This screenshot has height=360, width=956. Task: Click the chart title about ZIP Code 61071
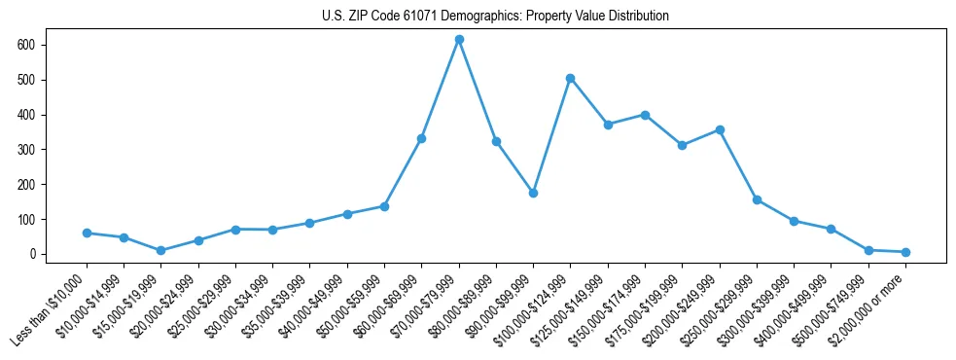point(495,16)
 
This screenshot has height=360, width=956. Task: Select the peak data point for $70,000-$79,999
point(459,39)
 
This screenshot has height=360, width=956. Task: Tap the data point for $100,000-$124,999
point(571,78)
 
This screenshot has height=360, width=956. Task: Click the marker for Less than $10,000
point(87,233)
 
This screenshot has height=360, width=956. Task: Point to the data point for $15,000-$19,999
point(160,250)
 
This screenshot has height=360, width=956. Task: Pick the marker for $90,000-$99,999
point(533,193)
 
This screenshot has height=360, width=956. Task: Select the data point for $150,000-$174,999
point(645,114)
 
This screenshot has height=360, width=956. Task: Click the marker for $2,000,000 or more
point(905,252)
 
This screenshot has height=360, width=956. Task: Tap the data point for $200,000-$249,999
point(720,129)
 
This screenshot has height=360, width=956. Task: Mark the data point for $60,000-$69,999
point(421,138)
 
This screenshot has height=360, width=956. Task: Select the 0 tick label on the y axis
point(33,254)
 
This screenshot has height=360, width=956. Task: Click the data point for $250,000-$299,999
point(757,199)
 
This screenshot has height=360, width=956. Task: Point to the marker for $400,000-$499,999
point(831,229)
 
